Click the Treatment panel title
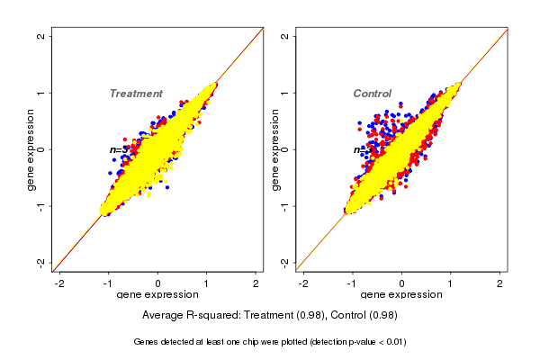click(136, 94)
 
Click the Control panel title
click(373, 94)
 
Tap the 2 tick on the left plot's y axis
click(42, 37)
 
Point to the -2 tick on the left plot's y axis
click(42, 262)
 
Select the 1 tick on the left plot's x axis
click(207, 283)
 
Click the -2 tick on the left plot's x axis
click(60, 283)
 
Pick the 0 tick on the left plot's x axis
click(158, 283)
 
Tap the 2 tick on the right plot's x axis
click(500, 283)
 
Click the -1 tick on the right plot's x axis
click(353, 283)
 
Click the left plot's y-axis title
click(31, 149)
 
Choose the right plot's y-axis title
click(275, 149)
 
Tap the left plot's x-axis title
click(158, 295)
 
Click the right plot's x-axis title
click(402, 295)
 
